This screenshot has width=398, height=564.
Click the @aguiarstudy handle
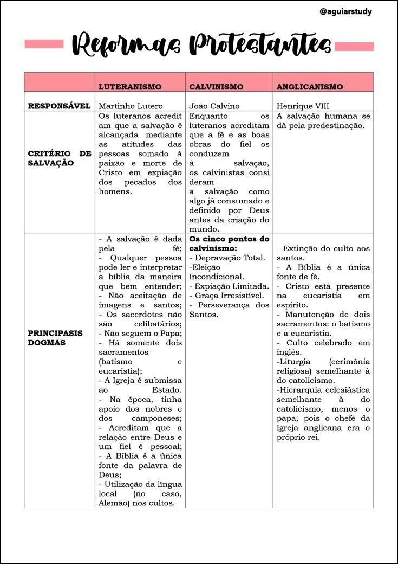click(x=345, y=11)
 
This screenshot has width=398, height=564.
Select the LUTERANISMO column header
click(x=130, y=87)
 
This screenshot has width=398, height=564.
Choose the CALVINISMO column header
click(x=216, y=87)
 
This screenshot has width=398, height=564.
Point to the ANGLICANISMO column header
click(x=310, y=87)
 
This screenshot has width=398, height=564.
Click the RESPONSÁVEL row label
click(x=59, y=106)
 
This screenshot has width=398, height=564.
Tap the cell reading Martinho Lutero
click(x=131, y=106)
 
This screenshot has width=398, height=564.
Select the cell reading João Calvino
click(x=214, y=106)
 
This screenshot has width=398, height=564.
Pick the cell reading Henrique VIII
click(x=303, y=106)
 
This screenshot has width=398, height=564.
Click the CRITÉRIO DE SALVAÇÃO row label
click(x=59, y=158)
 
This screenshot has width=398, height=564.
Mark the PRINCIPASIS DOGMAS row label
click(x=55, y=337)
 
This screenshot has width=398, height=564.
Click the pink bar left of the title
click(x=44, y=43)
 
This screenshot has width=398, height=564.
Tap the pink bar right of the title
click(x=354, y=46)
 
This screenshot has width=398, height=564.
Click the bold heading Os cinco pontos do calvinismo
click(x=229, y=243)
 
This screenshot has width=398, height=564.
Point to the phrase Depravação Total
click(x=230, y=258)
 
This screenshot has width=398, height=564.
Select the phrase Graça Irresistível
click(x=229, y=296)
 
